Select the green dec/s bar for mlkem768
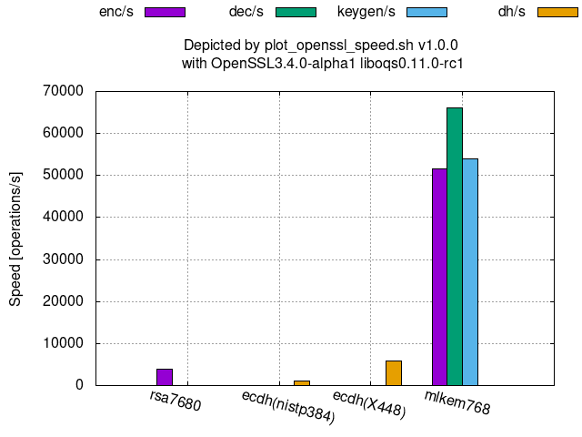tap(455, 246)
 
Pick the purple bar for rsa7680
tap(165, 377)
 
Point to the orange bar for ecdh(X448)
tap(394, 372)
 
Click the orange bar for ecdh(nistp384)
tap(302, 382)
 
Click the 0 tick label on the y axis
tap(79, 385)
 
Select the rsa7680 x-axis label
tap(176, 401)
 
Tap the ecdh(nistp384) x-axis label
tap(288, 407)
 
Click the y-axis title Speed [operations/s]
tap(16, 238)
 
